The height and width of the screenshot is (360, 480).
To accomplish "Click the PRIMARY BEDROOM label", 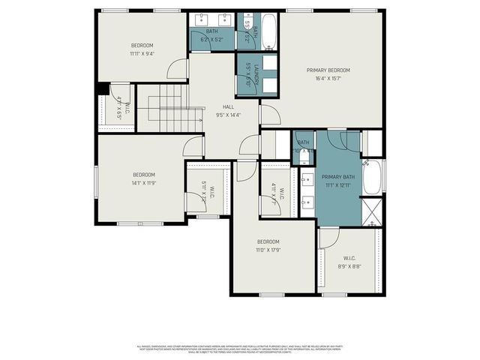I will [x=328, y=70].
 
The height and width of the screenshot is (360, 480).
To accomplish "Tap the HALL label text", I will [x=227, y=106].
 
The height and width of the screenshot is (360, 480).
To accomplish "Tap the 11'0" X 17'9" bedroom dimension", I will [x=268, y=250].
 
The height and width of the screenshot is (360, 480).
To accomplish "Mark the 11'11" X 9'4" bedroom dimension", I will [x=141, y=53].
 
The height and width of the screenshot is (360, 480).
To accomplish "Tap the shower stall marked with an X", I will [x=372, y=212].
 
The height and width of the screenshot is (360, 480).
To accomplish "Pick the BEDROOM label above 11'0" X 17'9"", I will [x=268, y=241].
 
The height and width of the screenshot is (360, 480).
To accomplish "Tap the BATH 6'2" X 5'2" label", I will [x=211, y=35].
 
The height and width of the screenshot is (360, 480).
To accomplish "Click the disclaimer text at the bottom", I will [x=240, y=349].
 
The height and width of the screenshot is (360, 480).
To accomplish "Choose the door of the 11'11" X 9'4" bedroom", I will [x=178, y=70].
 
